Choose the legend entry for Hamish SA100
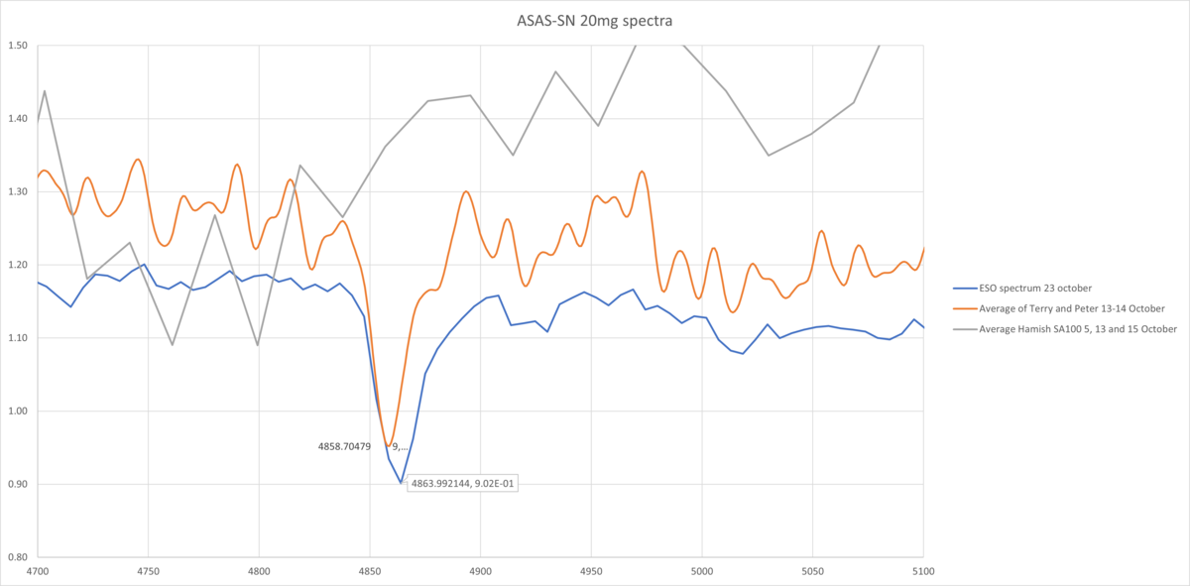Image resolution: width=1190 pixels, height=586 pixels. click(1072, 329)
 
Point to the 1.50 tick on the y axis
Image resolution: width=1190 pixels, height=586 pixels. click(19, 46)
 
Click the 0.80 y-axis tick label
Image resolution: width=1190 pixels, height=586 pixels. click(19, 557)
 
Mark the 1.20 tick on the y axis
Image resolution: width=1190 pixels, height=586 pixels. click(19, 265)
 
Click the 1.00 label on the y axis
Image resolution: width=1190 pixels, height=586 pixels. click(19, 411)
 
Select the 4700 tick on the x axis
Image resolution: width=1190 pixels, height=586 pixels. click(37, 571)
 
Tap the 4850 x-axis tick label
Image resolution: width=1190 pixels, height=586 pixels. click(369, 571)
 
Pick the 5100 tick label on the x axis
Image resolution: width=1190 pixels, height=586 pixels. click(922, 571)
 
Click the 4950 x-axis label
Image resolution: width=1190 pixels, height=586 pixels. click(590, 571)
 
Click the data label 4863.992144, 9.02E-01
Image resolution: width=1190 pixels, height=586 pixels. click(463, 484)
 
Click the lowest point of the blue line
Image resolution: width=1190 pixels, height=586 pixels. click(401, 483)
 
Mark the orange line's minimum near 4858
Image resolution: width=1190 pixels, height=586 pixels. click(389, 446)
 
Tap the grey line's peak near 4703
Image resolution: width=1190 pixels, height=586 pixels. click(45, 91)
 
